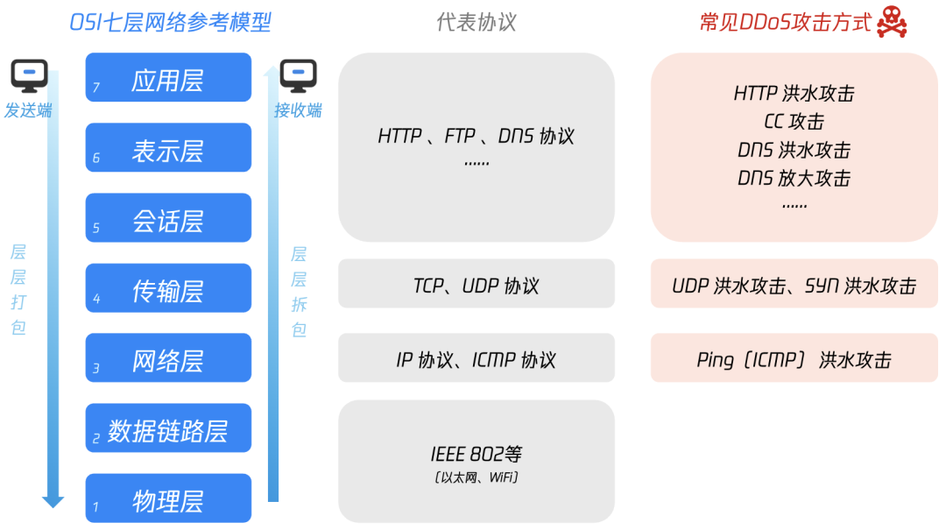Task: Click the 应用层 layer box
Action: [x=168, y=78]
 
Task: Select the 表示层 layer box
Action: [x=168, y=148]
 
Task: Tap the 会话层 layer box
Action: [x=168, y=218]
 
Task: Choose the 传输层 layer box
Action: [x=168, y=288]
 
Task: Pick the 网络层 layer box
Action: [x=168, y=358]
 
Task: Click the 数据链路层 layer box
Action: [x=168, y=428]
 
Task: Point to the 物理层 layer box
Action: [x=168, y=498]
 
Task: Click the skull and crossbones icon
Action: [x=892, y=22]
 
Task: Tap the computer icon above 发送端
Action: [x=29, y=76]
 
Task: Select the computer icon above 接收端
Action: [x=298, y=76]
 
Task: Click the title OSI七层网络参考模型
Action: [x=170, y=22]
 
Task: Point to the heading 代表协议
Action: [x=477, y=22]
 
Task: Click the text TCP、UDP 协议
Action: [x=477, y=286]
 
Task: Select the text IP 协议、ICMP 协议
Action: [x=477, y=359]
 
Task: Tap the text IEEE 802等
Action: [x=477, y=454]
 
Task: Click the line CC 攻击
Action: [x=794, y=122]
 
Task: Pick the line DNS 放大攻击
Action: [x=794, y=178]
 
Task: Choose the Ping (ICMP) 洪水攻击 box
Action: [x=794, y=359]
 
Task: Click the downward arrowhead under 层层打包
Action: [x=53, y=502]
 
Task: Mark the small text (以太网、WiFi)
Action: [x=477, y=477]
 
